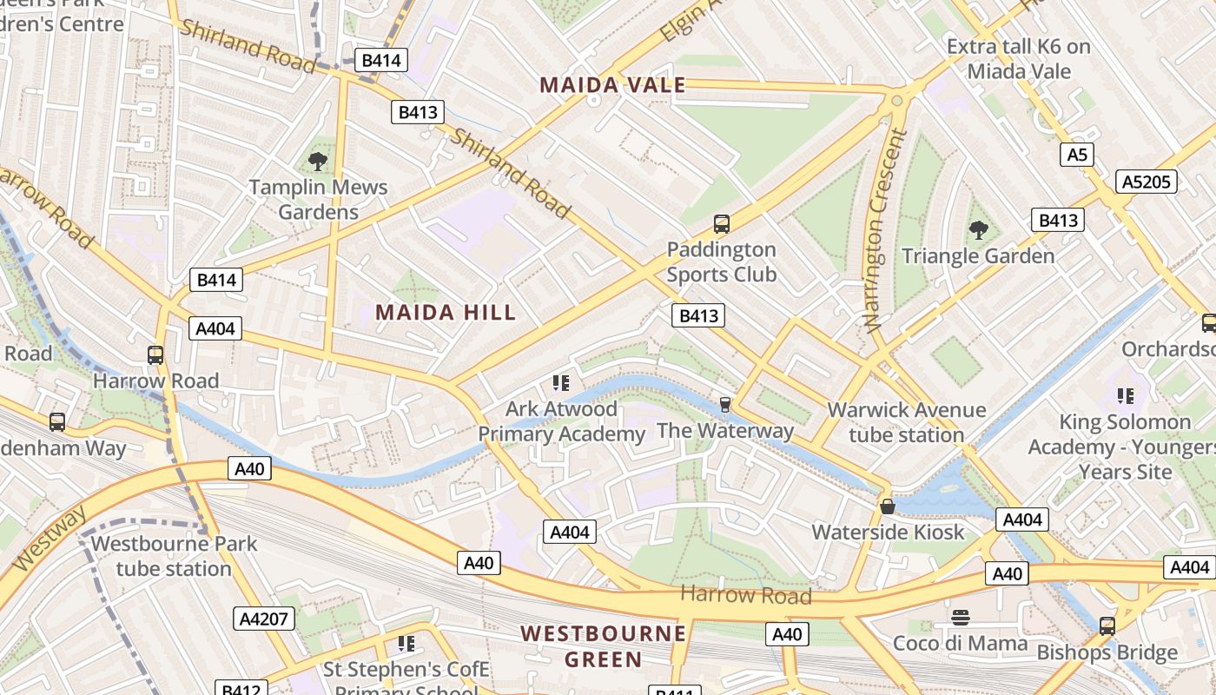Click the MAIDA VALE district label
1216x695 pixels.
click(612, 85)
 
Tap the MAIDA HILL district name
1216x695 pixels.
click(446, 313)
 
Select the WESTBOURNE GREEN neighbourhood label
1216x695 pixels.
click(604, 645)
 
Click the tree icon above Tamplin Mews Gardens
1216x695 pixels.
click(318, 161)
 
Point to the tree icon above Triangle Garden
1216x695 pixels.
click(979, 230)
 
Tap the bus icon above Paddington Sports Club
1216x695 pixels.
click(721, 224)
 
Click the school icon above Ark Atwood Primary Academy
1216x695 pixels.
click(560, 383)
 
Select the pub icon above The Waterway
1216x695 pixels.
click(725, 405)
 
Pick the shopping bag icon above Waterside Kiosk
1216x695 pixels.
click(888, 506)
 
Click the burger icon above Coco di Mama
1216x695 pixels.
click(960, 618)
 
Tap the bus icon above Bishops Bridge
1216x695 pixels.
click(1107, 625)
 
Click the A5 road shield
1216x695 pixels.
click(1076, 155)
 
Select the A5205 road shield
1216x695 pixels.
click(1147, 182)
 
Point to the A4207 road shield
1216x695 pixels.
click(264, 619)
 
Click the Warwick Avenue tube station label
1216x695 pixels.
click(907, 422)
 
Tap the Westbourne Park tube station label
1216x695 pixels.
click(174, 556)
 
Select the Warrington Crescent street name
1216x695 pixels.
click(884, 230)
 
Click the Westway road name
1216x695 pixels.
click(50, 539)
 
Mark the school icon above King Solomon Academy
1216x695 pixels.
click(1126, 396)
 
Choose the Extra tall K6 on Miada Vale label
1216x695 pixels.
click(1018, 58)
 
